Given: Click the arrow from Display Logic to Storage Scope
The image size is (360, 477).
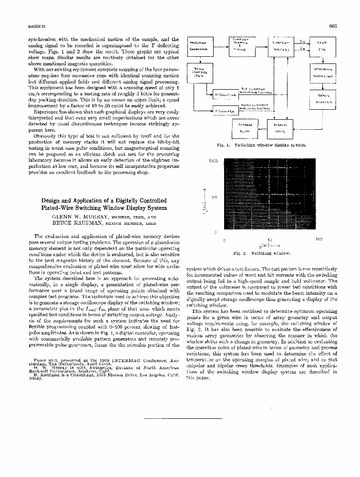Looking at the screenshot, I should pyautogui.click(x=262, y=126).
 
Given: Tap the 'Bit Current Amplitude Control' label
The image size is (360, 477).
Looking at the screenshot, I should pyautogui.click(x=257, y=90).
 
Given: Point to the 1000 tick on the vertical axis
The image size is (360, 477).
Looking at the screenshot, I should pyautogui.click(x=213, y=161).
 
